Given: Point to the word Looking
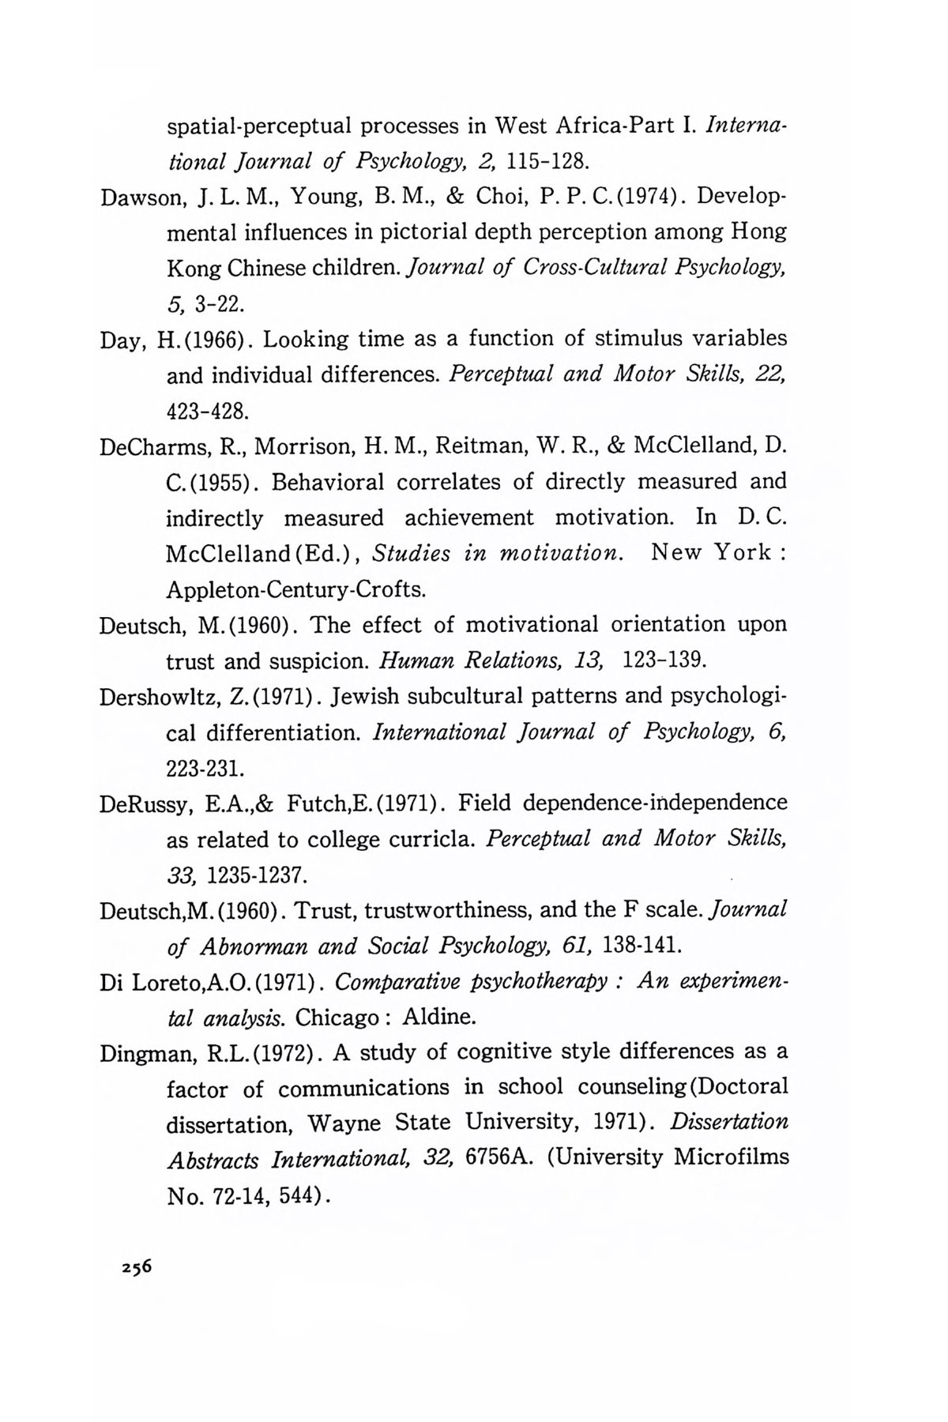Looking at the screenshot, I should [305, 340].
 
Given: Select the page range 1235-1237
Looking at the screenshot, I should [255, 875].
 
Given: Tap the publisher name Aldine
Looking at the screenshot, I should [441, 1017].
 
